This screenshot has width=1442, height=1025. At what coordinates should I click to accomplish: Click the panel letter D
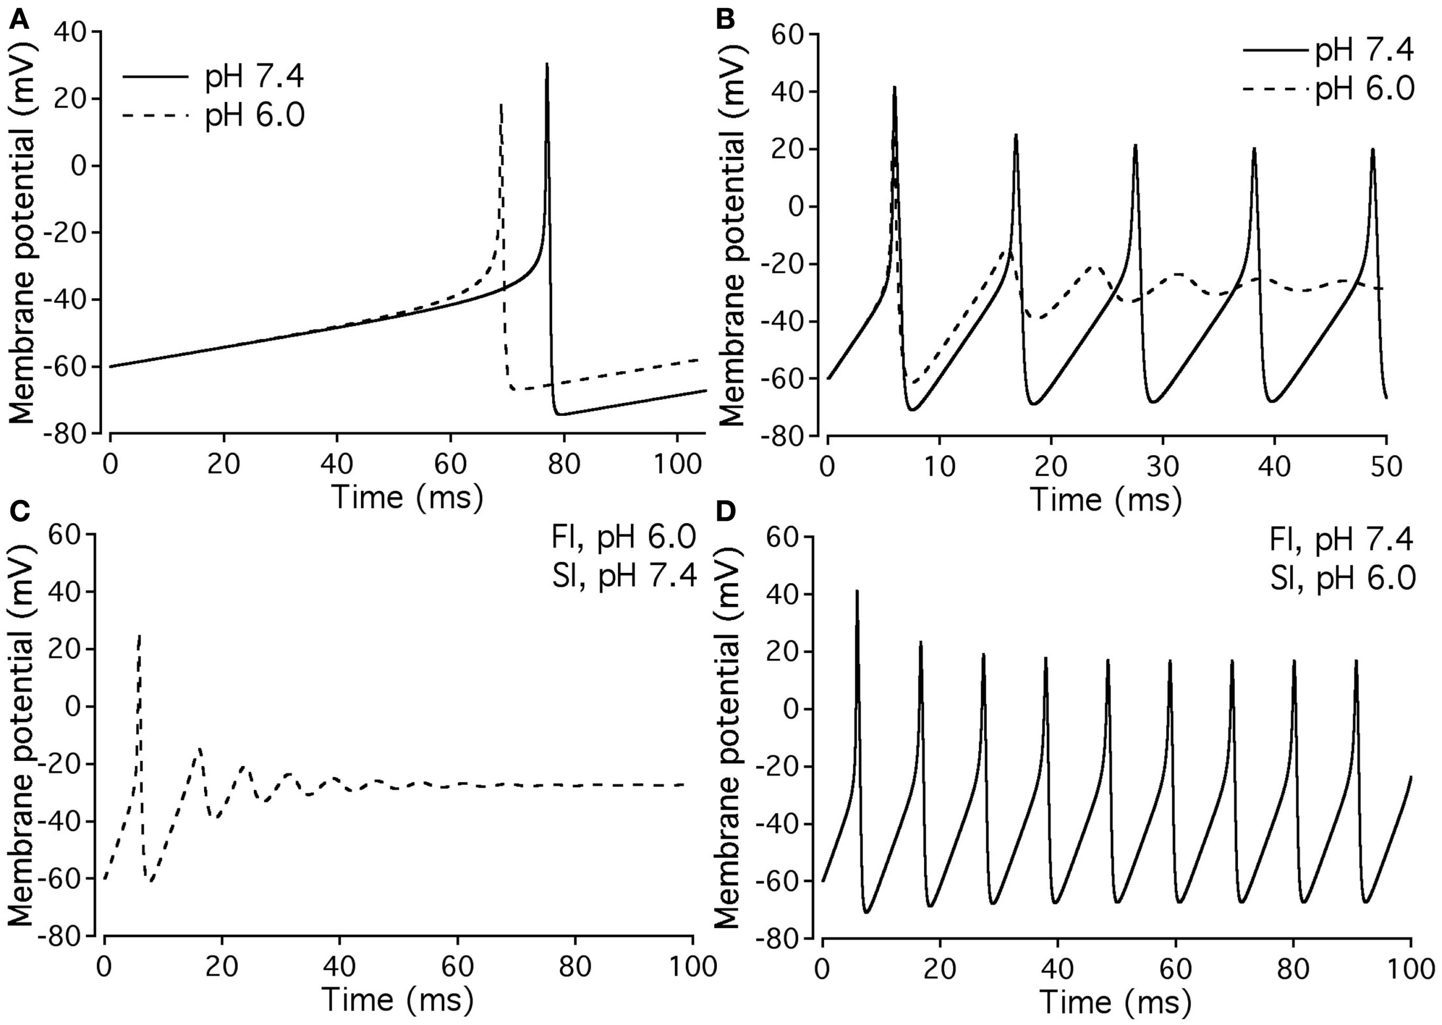(x=727, y=511)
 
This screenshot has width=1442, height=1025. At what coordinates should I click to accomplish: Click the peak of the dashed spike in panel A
(x=501, y=105)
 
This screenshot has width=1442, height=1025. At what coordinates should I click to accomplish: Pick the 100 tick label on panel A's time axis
(x=677, y=464)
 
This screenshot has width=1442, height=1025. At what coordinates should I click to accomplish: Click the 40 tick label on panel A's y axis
(x=73, y=32)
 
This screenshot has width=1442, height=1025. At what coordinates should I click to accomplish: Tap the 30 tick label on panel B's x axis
(x=1162, y=467)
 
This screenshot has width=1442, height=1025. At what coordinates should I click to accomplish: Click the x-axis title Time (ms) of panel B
(x=1105, y=500)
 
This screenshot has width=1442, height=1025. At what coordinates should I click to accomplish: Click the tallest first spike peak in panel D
(x=857, y=591)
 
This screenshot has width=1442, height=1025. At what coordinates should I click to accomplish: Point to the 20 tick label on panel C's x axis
(x=221, y=966)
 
